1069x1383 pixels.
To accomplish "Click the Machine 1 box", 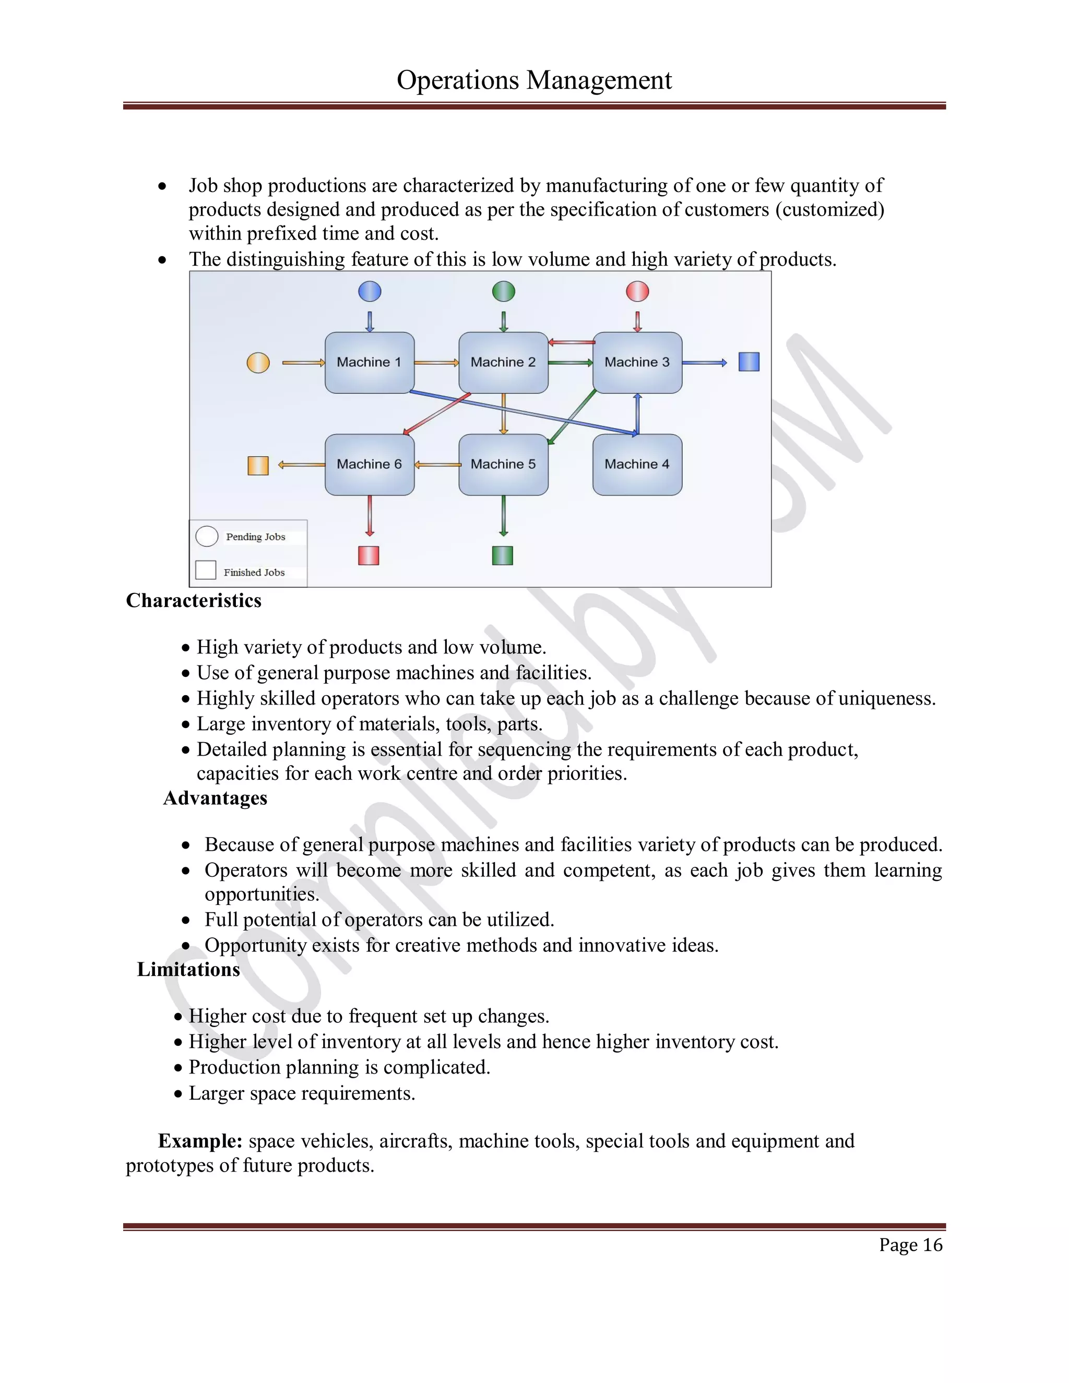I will coord(369,362).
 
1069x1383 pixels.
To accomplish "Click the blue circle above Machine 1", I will coord(370,291).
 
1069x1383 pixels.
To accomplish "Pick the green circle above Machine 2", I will coord(504,291).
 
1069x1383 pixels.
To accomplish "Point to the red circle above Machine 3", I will coord(637,291).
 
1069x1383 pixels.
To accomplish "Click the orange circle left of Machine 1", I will coord(258,363).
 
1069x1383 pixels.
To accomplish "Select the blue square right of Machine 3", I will coord(749,362).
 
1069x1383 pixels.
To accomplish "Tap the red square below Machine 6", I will coord(369,555).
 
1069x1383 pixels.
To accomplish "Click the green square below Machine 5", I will coord(502,555).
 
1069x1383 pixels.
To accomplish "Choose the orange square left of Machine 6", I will coord(258,466).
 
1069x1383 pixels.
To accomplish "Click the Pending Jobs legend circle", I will coord(207,536).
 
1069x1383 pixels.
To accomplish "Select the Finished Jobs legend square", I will coord(206,570).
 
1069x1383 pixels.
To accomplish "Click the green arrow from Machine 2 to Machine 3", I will coord(570,363).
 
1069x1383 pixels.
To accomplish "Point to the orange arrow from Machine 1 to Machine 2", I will coord(436,363).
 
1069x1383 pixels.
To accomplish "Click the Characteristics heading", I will coord(193,600).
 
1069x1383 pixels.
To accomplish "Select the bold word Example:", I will coord(200,1140).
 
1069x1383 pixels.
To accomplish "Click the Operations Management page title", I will coord(534,80).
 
